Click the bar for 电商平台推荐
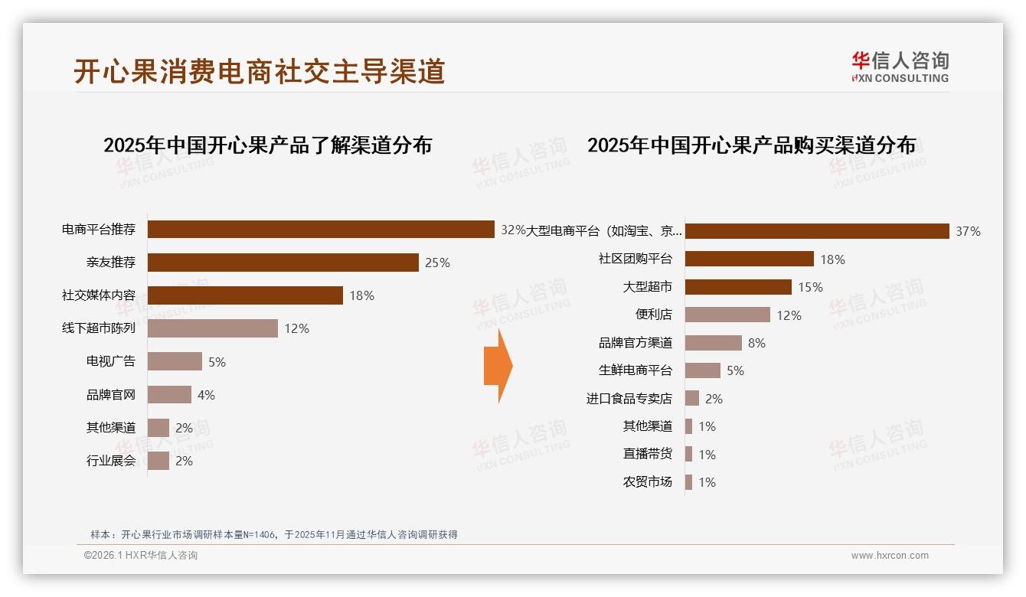(321, 230)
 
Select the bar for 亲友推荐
(283, 263)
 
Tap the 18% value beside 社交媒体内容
(361, 295)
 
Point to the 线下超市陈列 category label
(99, 328)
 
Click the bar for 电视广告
(175, 361)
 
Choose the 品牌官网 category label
(110, 395)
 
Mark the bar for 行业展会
(158, 461)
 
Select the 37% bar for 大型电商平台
(817, 231)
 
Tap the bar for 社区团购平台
(749, 259)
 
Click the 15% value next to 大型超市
(810, 287)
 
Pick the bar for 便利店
(727, 315)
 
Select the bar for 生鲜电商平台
(702, 370)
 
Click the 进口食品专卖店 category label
(629, 399)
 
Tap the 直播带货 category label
(647, 454)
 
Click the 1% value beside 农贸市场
(707, 482)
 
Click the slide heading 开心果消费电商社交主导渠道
(259, 71)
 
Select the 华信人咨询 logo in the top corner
(900, 67)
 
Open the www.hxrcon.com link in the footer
(889, 556)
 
